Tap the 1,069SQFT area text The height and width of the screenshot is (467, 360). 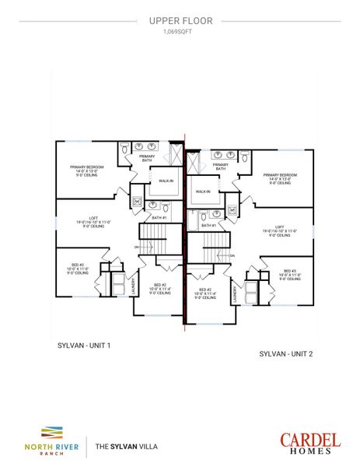tap(180, 33)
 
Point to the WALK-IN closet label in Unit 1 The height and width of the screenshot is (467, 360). tap(166, 181)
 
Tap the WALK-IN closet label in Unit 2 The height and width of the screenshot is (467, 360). tap(204, 191)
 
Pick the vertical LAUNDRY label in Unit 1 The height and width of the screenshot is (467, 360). tap(133, 285)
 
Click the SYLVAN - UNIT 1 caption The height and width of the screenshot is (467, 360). tap(84, 343)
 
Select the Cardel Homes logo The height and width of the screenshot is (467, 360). tap(309, 441)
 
